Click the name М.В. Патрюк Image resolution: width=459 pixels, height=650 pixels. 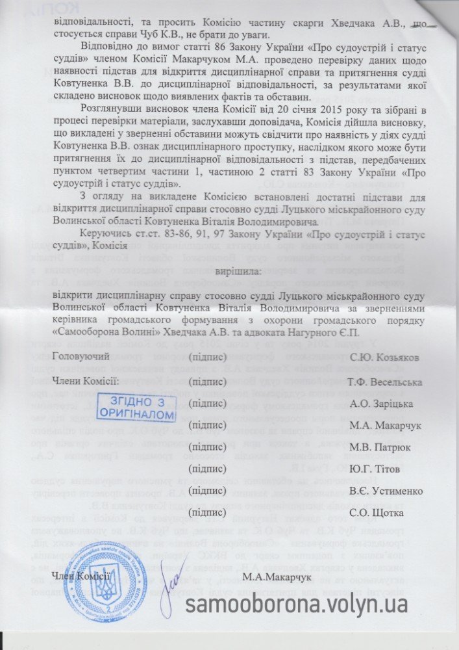coord(377,447)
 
